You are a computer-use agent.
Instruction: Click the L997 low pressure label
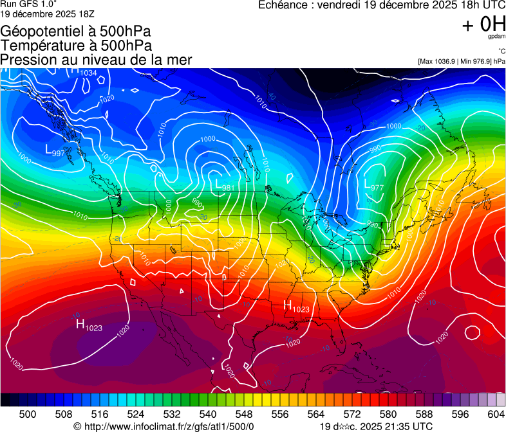pos(55,151)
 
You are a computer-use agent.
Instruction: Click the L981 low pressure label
pos(225,187)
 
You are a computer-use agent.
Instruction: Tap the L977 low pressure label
pos(374,187)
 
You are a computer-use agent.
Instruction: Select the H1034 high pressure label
pos(84,72)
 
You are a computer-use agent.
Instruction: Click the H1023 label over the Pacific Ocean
pos(89,325)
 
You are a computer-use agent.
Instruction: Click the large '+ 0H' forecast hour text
pos(483,24)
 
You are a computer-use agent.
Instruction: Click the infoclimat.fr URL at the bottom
pos(168,426)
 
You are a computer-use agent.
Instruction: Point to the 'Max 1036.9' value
pos(442,61)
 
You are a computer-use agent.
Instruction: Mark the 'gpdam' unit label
pos(496,37)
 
